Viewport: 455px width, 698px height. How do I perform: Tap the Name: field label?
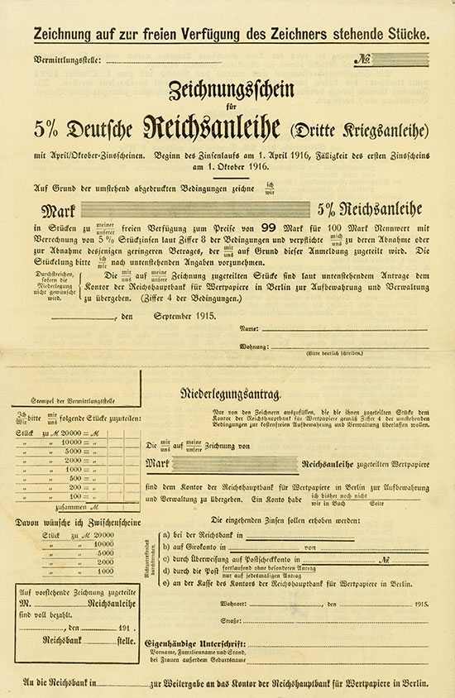coord(250,306)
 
